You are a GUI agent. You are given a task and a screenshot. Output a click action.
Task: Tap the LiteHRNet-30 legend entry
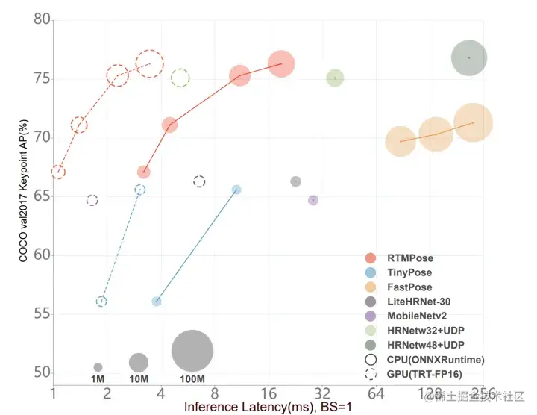click(418, 302)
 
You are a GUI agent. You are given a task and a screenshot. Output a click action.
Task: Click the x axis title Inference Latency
click(268, 408)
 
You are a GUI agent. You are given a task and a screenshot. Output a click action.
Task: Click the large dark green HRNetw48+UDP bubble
click(469, 57)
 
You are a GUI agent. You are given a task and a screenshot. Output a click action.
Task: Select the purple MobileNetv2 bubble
click(313, 200)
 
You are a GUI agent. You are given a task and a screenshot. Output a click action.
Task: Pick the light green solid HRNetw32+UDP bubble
click(335, 78)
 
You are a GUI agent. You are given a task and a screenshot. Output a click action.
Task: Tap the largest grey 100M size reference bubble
click(192, 351)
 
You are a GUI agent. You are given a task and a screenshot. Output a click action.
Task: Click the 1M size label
click(98, 379)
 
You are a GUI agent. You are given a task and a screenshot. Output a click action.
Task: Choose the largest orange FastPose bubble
click(472, 122)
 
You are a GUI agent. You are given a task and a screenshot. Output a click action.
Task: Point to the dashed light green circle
click(180, 78)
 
